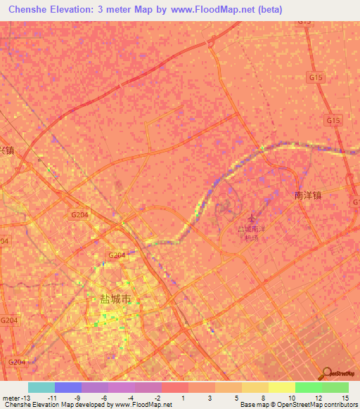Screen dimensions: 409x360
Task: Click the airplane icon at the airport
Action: click(x=253, y=217)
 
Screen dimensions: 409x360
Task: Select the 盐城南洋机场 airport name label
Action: click(x=252, y=233)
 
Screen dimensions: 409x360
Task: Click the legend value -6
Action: click(x=103, y=398)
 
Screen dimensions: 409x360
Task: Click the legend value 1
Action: click(x=184, y=398)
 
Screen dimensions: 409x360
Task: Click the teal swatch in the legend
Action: click(x=41, y=387)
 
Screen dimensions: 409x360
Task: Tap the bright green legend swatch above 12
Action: click(x=308, y=387)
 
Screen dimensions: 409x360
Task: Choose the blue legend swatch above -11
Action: click(x=68, y=387)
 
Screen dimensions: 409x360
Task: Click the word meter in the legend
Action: click(x=11, y=398)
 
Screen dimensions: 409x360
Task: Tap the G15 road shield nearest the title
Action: click(x=304, y=21)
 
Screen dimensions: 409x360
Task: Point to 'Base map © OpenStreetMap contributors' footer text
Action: click(x=298, y=405)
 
